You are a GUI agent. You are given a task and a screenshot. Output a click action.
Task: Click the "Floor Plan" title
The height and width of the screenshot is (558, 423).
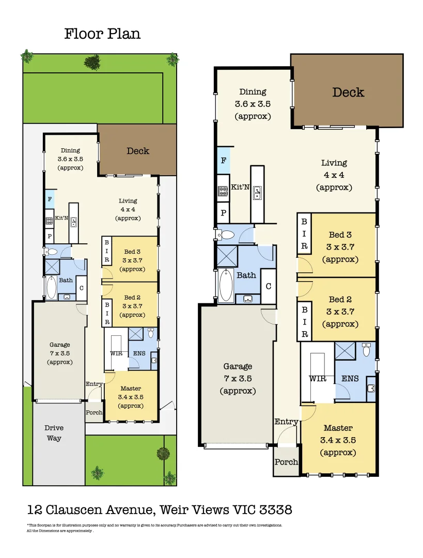(x=102, y=34)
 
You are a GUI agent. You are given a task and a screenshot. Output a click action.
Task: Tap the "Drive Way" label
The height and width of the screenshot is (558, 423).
(x=54, y=433)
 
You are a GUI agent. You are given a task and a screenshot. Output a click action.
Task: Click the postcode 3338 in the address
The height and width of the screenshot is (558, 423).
(x=276, y=509)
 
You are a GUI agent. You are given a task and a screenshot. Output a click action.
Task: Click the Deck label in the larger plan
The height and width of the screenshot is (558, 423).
(x=348, y=92)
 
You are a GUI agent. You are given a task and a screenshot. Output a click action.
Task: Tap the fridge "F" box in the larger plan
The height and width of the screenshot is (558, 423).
(x=224, y=161)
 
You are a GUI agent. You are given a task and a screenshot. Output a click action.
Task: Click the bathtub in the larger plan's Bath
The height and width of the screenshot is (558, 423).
(x=226, y=285)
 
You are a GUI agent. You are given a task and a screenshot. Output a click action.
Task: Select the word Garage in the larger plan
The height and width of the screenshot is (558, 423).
(x=238, y=366)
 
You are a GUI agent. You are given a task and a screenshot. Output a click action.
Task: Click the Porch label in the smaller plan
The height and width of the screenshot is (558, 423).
(x=94, y=412)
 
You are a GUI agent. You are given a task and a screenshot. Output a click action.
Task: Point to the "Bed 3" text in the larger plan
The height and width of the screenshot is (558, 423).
(x=340, y=235)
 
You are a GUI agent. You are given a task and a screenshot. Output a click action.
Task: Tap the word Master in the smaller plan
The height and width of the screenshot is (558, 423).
(x=131, y=388)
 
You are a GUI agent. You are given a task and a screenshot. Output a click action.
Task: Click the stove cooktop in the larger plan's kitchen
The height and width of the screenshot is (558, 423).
(x=223, y=192)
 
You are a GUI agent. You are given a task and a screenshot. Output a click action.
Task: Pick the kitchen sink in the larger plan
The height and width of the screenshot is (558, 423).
(x=257, y=193)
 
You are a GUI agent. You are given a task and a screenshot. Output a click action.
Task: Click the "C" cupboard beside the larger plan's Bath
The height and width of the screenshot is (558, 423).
(x=269, y=286)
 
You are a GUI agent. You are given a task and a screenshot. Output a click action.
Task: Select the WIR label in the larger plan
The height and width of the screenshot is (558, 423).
(x=318, y=379)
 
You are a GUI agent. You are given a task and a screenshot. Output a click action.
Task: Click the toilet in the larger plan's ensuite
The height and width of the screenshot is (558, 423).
(x=366, y=350)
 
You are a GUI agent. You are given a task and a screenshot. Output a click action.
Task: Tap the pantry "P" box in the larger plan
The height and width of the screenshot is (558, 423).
(x=224, y=213)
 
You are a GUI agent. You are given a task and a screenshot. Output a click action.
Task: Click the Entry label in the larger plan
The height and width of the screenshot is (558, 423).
(x=286, y=422)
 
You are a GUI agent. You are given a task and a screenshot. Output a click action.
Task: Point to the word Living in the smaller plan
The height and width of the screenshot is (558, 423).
(x=128, y=200)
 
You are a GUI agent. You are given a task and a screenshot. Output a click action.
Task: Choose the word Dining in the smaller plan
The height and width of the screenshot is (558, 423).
(x=70, y=150)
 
